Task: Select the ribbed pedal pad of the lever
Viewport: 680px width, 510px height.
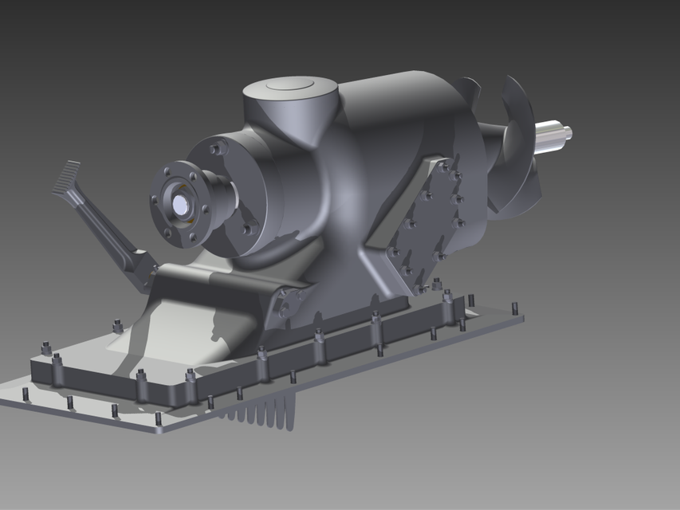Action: (x=67, y=178)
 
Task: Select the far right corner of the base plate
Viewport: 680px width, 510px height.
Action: (x=522, y=316)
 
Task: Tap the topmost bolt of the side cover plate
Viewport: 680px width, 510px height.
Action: (x=443, y=168)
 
